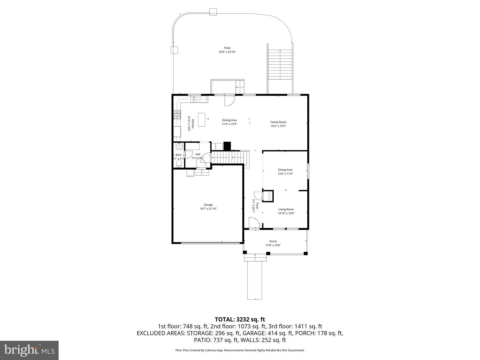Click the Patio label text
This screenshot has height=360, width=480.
(x=227, y=48)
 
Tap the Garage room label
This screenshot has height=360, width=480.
(x=208, y=205)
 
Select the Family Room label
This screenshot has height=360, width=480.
(x=278, y=122)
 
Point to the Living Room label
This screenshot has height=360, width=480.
(x=286, y=209)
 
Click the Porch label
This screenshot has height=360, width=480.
(x=273, y=241)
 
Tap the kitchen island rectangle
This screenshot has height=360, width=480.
(x=202, y=120)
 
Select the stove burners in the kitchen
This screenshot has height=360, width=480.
(x=176, y=115)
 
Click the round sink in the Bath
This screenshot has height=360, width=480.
(x=179, y=146)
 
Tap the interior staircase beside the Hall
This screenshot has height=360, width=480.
(x=228, y=157)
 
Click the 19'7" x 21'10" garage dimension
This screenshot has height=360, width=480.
(x=208, y=209)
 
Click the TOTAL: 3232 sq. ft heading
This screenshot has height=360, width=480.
(x=240, y=320)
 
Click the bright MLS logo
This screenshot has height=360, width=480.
(x=29, y=350)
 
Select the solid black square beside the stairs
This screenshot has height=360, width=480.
(x=227, y=146)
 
